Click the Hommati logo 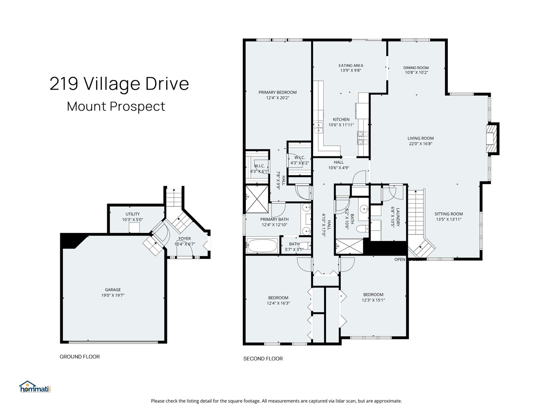point(35,387)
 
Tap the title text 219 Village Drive point(119,84)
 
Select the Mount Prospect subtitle point(116,106)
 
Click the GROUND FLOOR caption point(79,357)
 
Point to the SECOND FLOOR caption point(263,359)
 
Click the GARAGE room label point(113,290)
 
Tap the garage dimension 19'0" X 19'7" point(113,295)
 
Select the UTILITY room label point(132,214)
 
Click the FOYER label point(184,239)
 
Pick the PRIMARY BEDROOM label point(277,92)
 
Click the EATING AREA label point(351,65)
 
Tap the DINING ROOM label point(416,68)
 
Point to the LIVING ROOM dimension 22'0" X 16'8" point(421,144)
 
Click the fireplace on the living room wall point(491,138)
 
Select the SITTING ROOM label point(449,214)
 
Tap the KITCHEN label point(341,120)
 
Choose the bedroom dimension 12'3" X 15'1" point(373,300)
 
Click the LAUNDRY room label point(398,217)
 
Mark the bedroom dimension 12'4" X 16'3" point(278,303)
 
